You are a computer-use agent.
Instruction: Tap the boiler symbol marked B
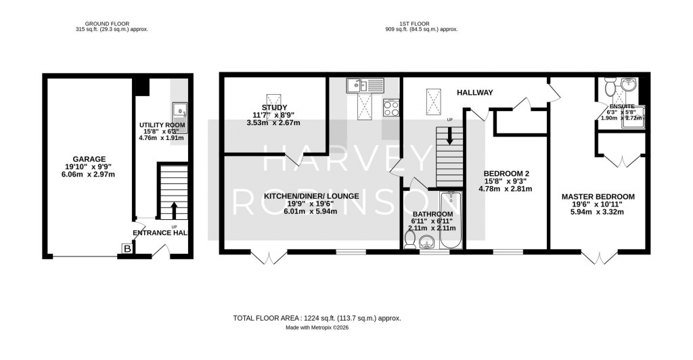(127, 249)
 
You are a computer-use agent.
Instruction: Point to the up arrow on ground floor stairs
(174, 208)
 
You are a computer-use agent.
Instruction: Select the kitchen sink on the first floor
(363, 85)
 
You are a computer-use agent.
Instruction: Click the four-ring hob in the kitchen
(391, 108)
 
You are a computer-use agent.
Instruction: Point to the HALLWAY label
(474, 93)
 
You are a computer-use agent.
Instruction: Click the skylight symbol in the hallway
(431, 102)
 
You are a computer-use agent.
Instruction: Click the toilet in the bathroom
(411, 239)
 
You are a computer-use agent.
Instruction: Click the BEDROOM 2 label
(506, 173)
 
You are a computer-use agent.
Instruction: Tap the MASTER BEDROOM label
(598, 197)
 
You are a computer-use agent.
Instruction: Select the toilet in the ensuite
(609, 87)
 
